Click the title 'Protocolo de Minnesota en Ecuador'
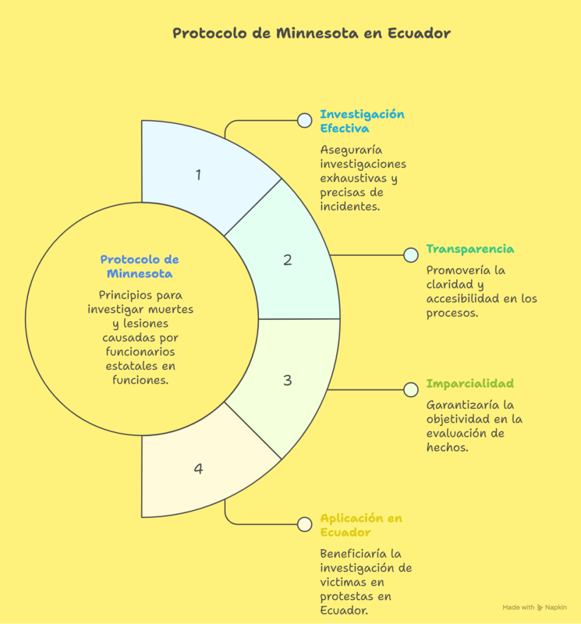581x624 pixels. [311, 33]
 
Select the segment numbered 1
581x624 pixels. [201, 175]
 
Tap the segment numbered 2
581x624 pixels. [287, 260]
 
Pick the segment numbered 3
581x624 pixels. [287, 380]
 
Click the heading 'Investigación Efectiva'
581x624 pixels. [362, 121]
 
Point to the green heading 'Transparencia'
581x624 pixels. [470, 249]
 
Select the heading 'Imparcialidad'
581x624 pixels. [470, 383]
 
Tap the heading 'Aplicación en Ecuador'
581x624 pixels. [361, 525]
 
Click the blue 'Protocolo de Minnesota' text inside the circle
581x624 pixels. [139, 267]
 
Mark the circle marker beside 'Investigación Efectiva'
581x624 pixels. [305, 120]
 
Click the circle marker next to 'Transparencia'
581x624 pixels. [411, 255]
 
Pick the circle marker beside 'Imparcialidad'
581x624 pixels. [411, 389]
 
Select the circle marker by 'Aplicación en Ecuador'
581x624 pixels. [305, 523]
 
